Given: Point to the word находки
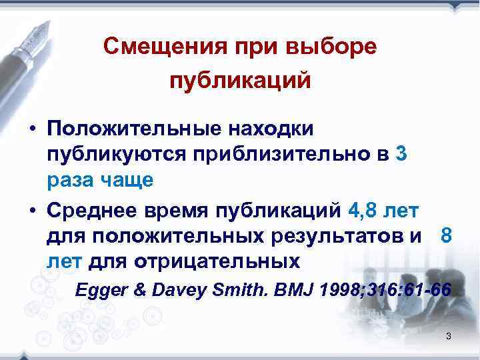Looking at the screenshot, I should click(273, 127).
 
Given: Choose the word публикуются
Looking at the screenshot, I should click(115, 153).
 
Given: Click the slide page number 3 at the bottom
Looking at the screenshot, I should click(449, 336).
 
